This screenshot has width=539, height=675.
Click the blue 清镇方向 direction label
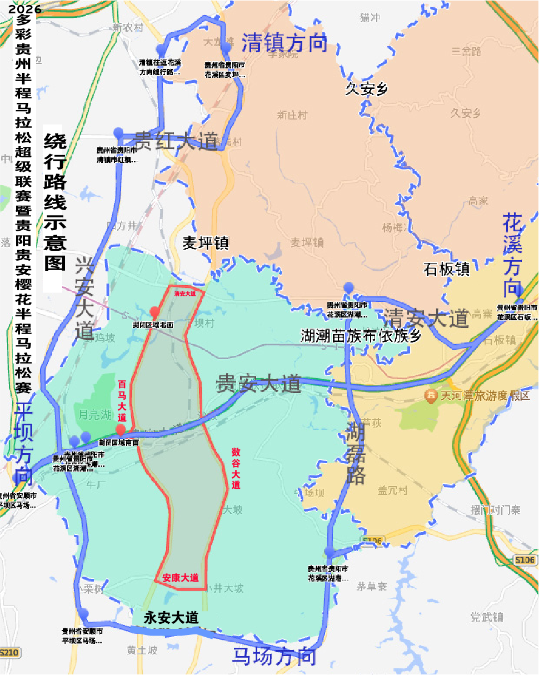pos(284,43)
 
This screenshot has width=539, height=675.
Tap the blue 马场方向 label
pos(274,657)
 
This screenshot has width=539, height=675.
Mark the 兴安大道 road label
pos(84,299)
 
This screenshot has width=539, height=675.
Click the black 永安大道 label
pos(171,618)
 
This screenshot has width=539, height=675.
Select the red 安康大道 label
pos(181,578)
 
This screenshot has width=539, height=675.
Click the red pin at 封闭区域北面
pos(155,311)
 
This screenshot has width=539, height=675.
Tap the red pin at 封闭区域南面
pos(120,430)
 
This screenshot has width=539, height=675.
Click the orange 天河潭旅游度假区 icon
pos(431,396)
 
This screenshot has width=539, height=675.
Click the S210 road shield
pos(9,652)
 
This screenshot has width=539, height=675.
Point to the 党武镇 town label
pos(486,617)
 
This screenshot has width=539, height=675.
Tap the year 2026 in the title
pos(22,9)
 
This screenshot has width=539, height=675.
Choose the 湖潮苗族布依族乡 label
pos(361,335)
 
